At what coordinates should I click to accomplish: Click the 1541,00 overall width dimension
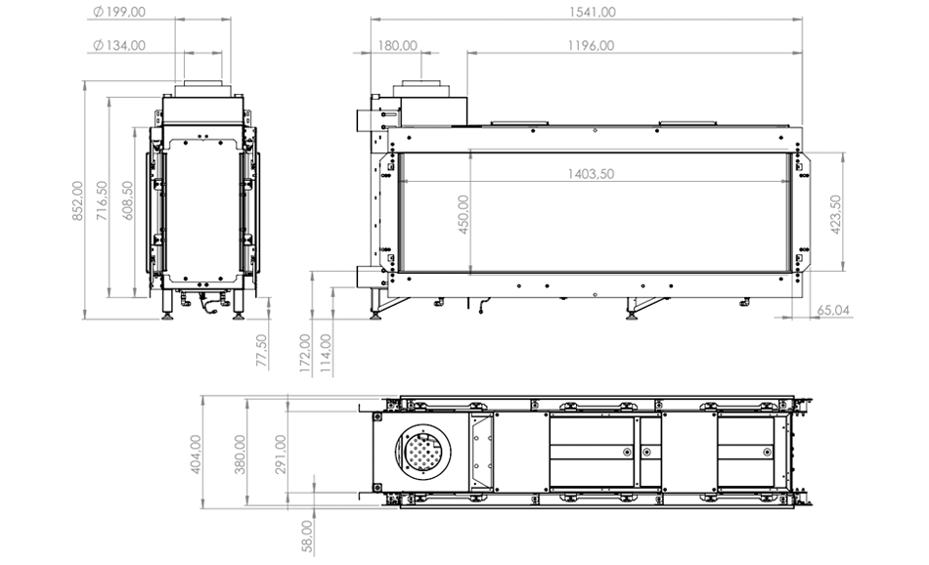pos(593,12)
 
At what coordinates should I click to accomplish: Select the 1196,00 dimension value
pos(591,46)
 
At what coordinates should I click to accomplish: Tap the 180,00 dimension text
pos(398,46)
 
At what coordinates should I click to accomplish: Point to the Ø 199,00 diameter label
pos(119,12)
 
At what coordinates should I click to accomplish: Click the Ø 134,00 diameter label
pos(119,46)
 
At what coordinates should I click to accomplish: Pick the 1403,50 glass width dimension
pos(591,174)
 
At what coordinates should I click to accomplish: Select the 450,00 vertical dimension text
pos(464,214)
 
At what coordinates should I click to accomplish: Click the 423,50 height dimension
pos(836,214)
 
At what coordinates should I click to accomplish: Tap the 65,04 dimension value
pos(833,310)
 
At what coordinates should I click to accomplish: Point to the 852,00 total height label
pos(77,201)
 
